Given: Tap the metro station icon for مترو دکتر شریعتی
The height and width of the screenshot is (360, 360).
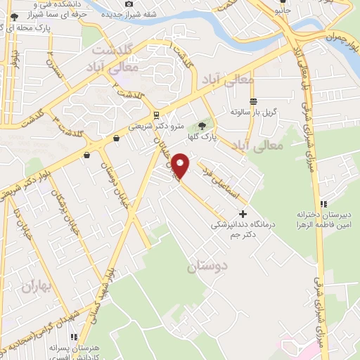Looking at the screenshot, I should (x=156, y=115).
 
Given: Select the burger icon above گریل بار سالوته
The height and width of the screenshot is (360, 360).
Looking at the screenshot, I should (x=253, y=101).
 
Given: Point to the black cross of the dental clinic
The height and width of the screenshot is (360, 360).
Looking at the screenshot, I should (x=243, y=214).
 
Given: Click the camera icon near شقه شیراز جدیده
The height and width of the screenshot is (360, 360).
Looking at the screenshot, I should (x=128, y=4).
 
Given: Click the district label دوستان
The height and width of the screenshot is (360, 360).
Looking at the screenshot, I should (x=208, y=267).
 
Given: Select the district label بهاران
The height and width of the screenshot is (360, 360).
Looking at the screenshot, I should (x=37, y=285).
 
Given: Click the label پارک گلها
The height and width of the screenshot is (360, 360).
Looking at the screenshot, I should (x=209, y=137).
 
